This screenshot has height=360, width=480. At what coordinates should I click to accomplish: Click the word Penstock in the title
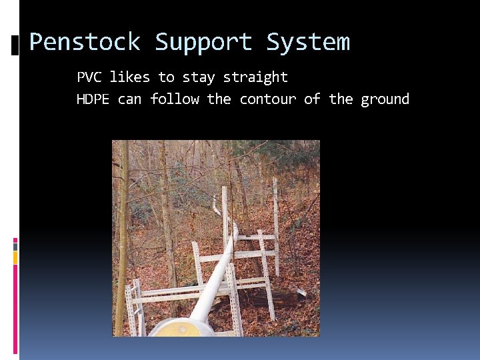point(84,43)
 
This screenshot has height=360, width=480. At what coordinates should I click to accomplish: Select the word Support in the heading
point(203,43)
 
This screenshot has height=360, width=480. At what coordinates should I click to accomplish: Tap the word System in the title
point(307,43)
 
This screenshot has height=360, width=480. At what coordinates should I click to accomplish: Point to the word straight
point(255,77)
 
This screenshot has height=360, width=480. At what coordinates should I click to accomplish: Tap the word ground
point(385,99)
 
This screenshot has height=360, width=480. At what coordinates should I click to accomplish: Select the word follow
point(174,99)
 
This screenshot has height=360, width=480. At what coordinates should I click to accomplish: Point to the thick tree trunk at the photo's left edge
point(121,240)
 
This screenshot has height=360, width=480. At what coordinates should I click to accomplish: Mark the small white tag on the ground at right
point(302,291)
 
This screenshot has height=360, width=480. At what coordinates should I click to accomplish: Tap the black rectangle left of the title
point(16,45)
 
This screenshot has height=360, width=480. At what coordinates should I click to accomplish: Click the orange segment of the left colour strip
point(15,257)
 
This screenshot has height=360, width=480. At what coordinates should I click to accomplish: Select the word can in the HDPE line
point(129,99)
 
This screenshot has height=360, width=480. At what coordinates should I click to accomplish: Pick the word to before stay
point(166,77)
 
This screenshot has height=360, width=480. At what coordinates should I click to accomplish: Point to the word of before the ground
point(312,99)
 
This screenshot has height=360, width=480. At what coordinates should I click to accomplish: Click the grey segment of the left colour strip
point(15,246)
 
